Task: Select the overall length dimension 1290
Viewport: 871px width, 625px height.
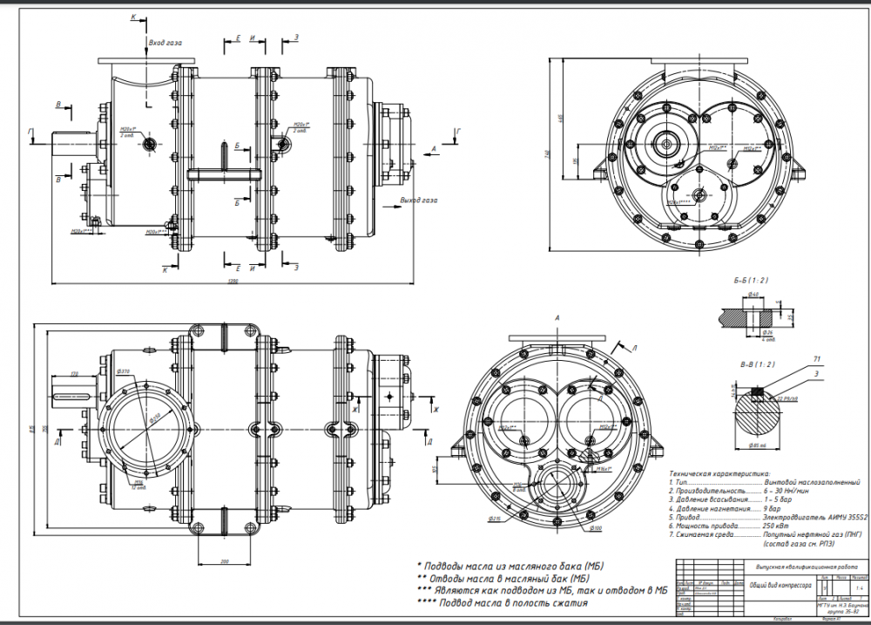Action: [x=233, y=281]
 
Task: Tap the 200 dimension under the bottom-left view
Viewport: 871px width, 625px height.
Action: [x=224, y=560]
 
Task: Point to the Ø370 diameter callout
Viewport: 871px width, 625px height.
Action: [x=125, y=372]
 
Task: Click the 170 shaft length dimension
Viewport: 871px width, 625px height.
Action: [x=75, y=374]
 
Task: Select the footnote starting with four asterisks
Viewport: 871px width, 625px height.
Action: [x=503, y=602]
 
